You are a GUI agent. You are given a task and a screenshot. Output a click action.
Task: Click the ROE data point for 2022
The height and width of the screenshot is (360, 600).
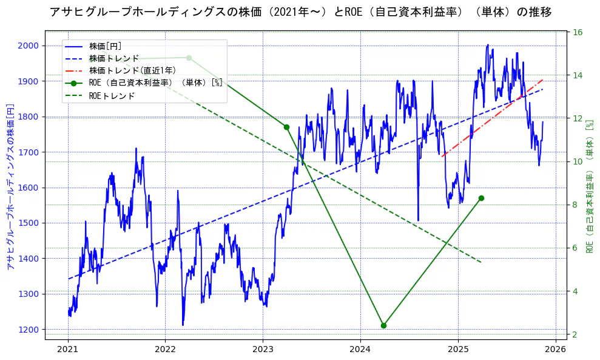[189, 58]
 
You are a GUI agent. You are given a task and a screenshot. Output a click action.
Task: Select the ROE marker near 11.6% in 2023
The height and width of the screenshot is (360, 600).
[286, 127]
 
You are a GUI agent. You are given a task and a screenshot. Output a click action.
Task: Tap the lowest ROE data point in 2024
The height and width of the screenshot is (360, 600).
[383, 325]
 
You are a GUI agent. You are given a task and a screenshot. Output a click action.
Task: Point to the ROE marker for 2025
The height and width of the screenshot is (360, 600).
[481, 198]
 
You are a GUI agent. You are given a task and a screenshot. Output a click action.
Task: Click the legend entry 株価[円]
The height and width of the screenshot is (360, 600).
[105, 46]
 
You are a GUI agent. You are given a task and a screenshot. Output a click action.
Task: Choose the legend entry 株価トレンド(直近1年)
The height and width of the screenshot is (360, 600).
[132, 70]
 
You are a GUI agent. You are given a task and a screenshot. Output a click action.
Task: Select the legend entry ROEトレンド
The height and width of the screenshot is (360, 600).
[112, 96]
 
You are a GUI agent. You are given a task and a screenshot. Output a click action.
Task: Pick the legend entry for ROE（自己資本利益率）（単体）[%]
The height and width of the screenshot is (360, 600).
[155, 83]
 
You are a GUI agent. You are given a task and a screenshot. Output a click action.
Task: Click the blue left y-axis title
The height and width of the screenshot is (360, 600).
[10, 187]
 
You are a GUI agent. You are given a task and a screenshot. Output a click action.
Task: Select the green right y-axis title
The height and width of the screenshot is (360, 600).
[590, 187]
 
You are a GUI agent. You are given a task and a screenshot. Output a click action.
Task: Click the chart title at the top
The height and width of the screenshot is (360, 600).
[300, 12]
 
